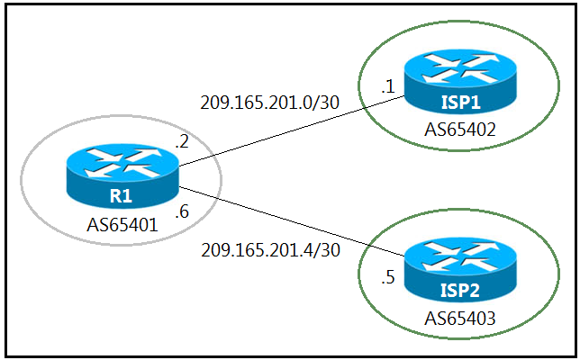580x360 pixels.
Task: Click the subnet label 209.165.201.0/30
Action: click(x=270, y=102)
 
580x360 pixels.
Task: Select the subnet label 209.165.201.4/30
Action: click(x=270, y=250)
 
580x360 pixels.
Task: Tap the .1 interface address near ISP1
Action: click(x=388, y=87)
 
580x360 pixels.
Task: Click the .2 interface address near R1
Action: click(x=181, y=140)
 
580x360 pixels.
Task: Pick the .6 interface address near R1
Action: click(x=181, y=214)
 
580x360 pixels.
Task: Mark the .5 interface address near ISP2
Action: click(x=388, y=277)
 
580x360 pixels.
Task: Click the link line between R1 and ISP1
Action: click(x=288, y=131)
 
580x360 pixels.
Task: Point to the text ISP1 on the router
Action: click(x=459, y=102)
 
